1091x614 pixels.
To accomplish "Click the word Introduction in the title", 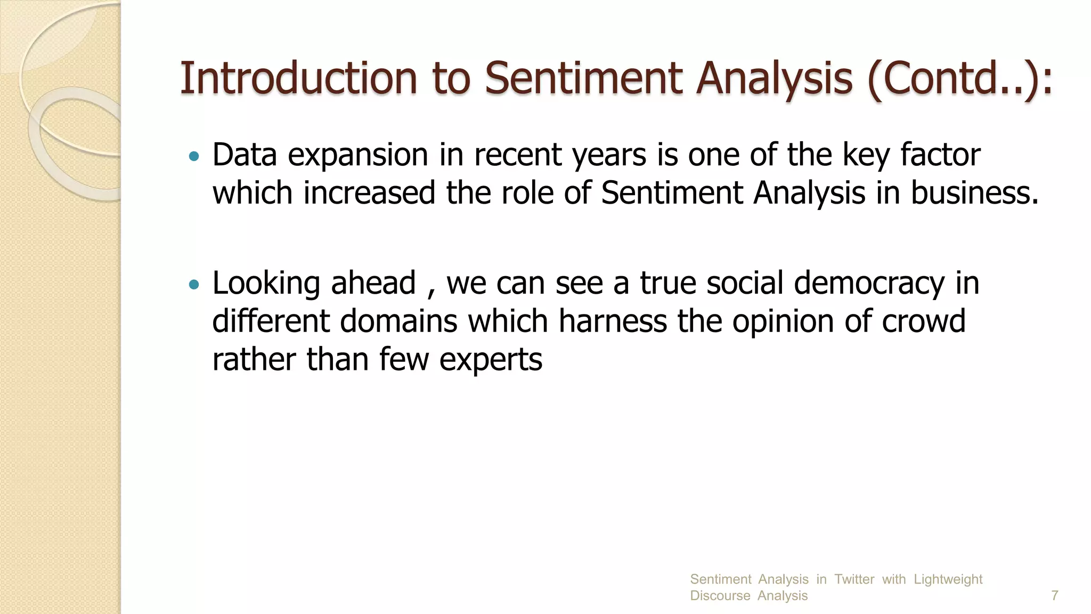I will pos(298,78).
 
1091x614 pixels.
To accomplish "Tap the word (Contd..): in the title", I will pos(959,78).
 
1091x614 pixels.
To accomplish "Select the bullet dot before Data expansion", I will pos(194,157).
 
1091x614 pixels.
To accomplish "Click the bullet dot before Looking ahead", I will pos(194,285).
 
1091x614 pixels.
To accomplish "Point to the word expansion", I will pos(358,156).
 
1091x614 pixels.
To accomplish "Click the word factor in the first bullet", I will pos(940,155).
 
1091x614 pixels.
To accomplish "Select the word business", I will pos(974,192).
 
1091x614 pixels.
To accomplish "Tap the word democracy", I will pos(869,284).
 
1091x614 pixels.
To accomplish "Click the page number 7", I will pos(1054,595).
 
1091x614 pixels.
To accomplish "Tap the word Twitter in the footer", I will pos(854,579).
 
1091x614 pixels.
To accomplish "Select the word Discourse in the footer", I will pos(720,596).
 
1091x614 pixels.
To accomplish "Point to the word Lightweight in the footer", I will pos(948,579).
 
